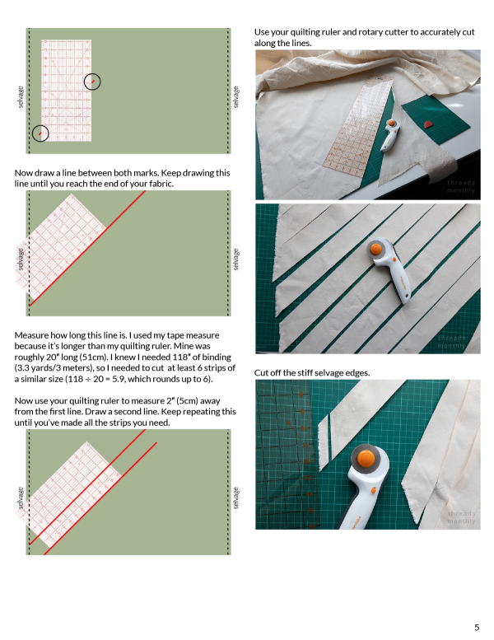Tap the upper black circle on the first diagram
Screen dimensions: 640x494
pos(93,81)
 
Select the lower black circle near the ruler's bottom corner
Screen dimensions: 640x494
pos(40,133)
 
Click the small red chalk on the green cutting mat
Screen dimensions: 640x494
pos(426,125)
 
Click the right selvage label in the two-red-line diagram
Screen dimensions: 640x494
pos(236,497)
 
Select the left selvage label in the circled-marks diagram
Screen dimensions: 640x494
pos(20,96)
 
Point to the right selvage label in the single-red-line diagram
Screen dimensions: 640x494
pos(236,259)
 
